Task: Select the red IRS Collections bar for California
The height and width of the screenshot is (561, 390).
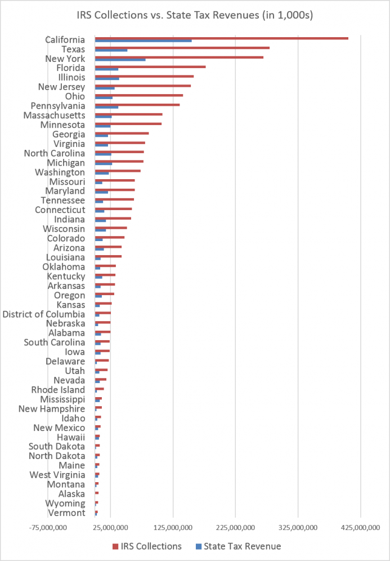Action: click(x=221, y=38)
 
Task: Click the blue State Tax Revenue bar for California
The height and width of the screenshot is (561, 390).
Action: click(x=143, y=41)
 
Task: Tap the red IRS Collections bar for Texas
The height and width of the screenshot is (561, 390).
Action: click(x=182, y=48)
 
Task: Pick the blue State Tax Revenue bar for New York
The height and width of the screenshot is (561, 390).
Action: click(x=120, y=60)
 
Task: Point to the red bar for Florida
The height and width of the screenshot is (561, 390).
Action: click(x=150, y=66)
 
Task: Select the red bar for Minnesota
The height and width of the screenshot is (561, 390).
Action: click(x=128, y=123)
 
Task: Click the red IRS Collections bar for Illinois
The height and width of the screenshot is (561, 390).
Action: click(x=144, y=76)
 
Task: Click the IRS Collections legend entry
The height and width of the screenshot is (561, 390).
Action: click(x=147, y=546)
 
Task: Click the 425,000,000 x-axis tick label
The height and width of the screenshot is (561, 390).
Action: click(x=360, y=527)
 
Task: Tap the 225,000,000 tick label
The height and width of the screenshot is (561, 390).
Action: click(x=235, y=527)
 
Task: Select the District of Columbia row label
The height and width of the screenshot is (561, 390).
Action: click(x=44, y=314)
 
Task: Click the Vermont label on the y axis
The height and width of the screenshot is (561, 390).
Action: click(x=66, y=513)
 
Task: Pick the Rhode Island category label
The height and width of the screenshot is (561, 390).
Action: click(x=58, y=390)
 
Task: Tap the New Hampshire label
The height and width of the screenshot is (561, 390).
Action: click(x=52, y=409)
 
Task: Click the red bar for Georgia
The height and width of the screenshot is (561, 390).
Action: click(x=122, y=133)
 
